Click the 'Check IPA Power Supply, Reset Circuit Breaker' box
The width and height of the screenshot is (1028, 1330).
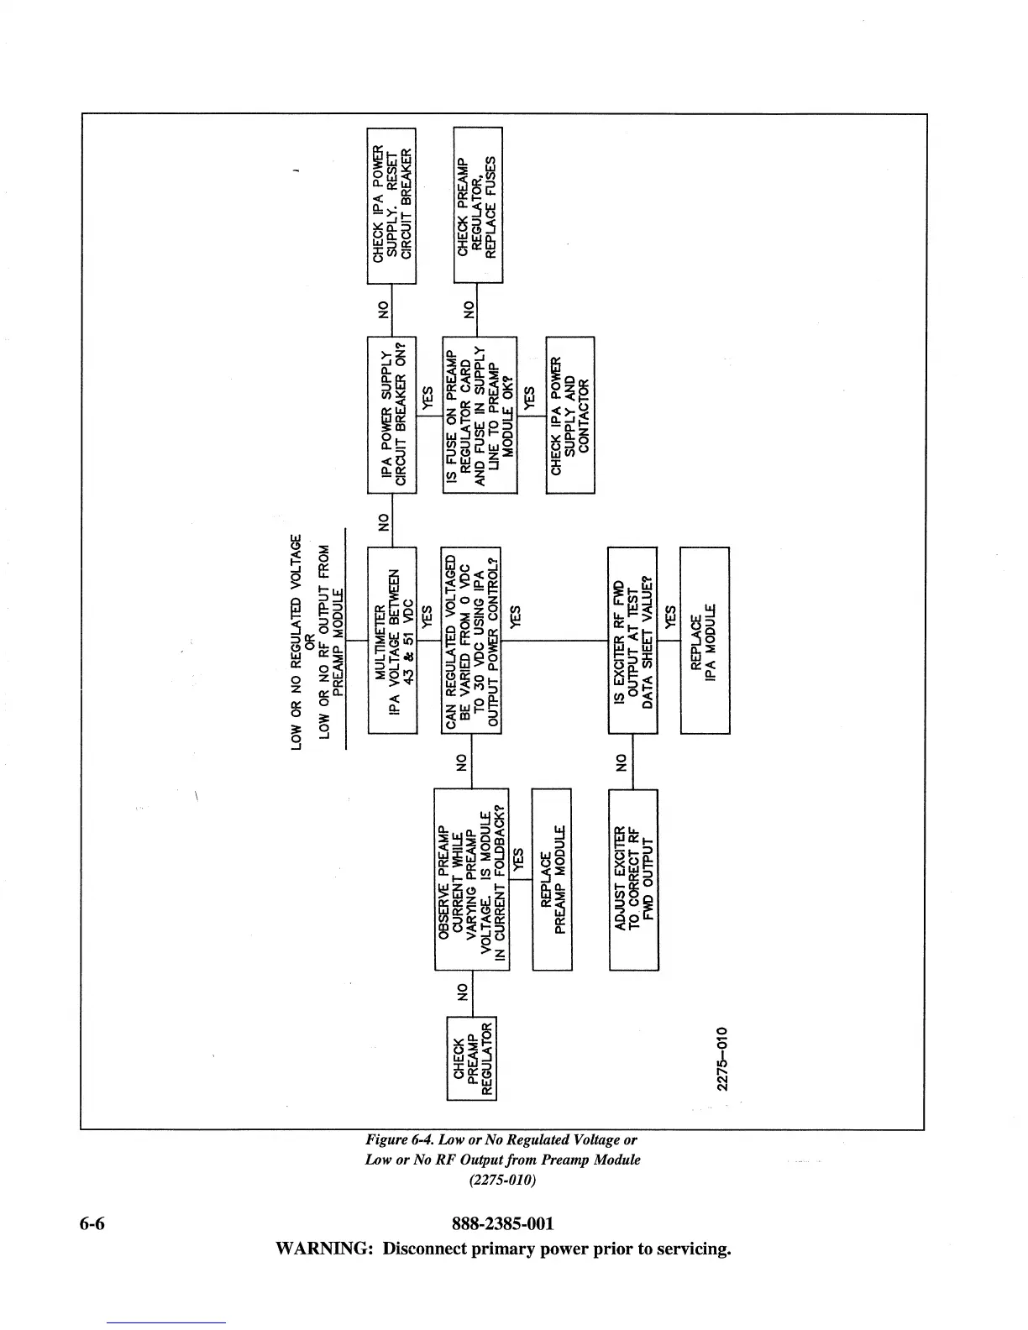point(392,206)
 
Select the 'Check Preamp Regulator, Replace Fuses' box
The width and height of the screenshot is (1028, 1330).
point(477,205)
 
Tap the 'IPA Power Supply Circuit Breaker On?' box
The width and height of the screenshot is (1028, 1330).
point(392,415)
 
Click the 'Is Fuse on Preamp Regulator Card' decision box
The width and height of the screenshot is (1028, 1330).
point(480,415)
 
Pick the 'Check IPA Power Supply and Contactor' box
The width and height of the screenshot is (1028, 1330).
point(569,415)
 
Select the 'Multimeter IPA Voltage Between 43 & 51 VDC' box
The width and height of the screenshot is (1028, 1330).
point(392,640)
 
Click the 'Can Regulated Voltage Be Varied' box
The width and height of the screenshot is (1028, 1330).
point(470,640)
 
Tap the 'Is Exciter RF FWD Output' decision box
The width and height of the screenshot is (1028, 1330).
point(632,640)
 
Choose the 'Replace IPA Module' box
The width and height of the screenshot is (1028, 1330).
point(704,640)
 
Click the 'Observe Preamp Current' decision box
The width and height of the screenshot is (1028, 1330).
point(471,879)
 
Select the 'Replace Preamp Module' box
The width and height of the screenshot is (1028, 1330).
point(552,879)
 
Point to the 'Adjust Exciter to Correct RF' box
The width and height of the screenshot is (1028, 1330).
point(632,879)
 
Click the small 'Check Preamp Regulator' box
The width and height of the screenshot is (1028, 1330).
point(471,1056)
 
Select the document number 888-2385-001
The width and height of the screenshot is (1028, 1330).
point(502,1223)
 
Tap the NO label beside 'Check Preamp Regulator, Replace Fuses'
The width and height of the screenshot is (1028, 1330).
point(469,309)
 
